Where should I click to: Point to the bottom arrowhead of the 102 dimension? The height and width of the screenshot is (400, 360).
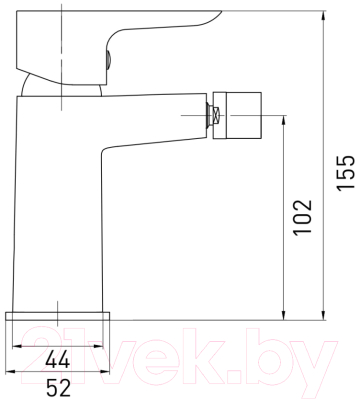[287, 317]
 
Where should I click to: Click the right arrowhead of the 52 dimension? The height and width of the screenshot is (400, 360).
[108, 373]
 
